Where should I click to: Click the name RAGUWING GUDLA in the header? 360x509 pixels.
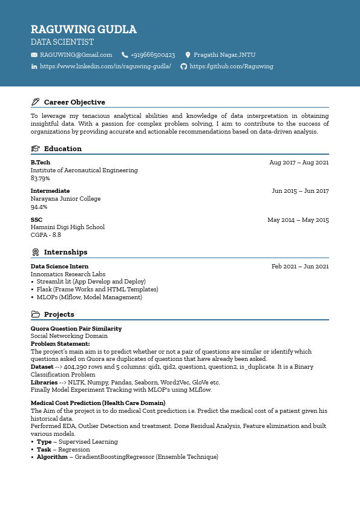[x=83, y=30]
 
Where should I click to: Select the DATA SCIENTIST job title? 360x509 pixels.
[x=62, y=42]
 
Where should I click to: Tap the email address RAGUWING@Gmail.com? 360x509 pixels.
[x=76, y=55]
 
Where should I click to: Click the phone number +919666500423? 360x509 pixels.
[x=152, y=55]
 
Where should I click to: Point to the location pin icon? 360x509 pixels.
[x=188, y=55]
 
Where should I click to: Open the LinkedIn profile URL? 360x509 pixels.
[x=105, y=66]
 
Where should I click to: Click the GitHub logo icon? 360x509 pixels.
[x=184, y=66]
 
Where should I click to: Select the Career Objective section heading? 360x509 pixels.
[x=74, y=102]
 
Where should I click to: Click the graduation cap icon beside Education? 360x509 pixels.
[x=35, y=149]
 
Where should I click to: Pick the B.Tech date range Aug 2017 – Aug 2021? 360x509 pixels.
[x=299, y=163]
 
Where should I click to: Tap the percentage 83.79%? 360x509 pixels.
[x=41, y=178]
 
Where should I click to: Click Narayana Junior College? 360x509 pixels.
[x=66, y=199]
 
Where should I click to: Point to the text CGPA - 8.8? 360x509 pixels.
[x=46, y=235]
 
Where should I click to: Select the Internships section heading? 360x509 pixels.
[x=65, y=252]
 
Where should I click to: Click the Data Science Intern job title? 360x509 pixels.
[x=59, y=267]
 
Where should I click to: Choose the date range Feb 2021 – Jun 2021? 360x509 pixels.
[x=300, y=267]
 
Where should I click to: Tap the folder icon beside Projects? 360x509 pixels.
[x=35, y=314]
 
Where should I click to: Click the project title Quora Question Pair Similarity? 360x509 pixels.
[x=76, y=329]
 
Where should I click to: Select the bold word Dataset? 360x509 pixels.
[x=42, y=366]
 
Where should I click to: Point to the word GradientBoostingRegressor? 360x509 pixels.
[x=114, y=457]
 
